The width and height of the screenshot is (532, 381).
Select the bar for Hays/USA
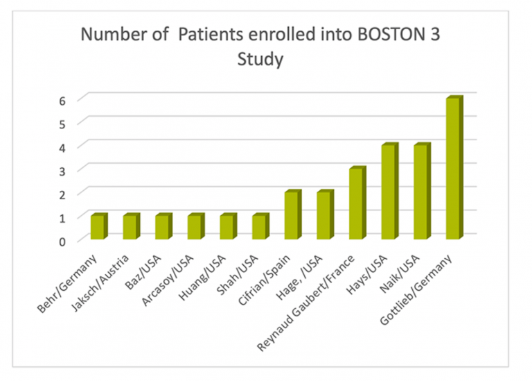tap(389, 192)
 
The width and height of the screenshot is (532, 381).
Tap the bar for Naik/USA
tap(421, 192)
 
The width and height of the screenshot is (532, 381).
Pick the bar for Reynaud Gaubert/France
tap(357, 204)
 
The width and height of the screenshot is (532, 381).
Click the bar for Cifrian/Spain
tap(292, 216)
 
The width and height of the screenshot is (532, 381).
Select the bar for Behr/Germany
tap(98, 228)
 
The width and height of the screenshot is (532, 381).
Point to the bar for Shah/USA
tap(259, 228)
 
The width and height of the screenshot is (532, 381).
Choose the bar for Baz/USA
tap(162, 228)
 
